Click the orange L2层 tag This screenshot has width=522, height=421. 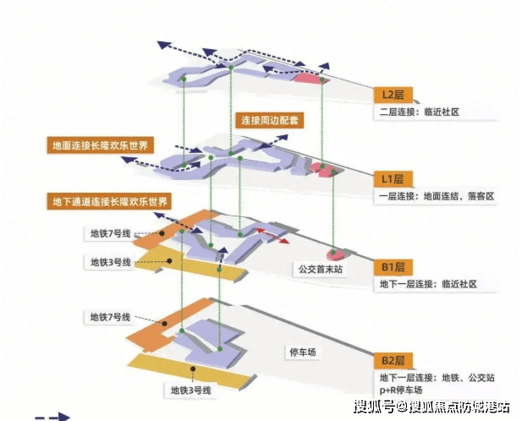click(x=393, y=94)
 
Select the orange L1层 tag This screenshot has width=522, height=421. click(x=393, y=178)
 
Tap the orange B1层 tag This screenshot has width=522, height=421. click(x=393, y=267)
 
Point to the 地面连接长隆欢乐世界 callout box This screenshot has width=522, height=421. click(x=97, y=145)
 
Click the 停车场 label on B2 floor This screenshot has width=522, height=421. click(x=299, y=352)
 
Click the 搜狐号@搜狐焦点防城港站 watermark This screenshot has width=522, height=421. click(x=431, y=407)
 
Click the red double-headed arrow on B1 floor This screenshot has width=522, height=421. click(x=272, y=235)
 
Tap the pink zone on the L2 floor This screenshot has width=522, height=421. click(x=306, y=79)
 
